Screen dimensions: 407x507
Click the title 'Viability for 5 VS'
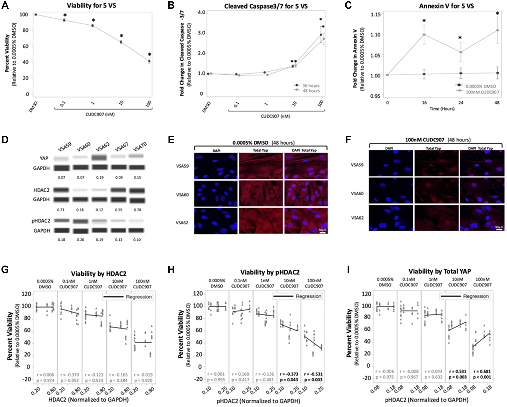point(91,6)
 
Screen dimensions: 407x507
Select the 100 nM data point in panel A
point(150,61)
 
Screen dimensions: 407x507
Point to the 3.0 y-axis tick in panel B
point(201,33)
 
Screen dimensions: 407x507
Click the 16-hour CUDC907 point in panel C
point(424,35)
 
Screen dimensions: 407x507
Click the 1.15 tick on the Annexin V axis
point(375,14)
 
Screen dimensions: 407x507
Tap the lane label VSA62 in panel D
point(103,146)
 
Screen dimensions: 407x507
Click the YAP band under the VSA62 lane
point(99,157)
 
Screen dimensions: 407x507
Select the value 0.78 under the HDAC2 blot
point(137,210)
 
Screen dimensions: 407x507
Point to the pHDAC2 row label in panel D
point(41,221)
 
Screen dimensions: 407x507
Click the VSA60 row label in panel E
point(182,195)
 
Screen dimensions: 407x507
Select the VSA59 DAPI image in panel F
point(391,163)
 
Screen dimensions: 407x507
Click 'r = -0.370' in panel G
point(70,375)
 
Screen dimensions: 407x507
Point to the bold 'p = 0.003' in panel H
point(313,380)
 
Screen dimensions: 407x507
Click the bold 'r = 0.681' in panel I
point(482,371)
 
